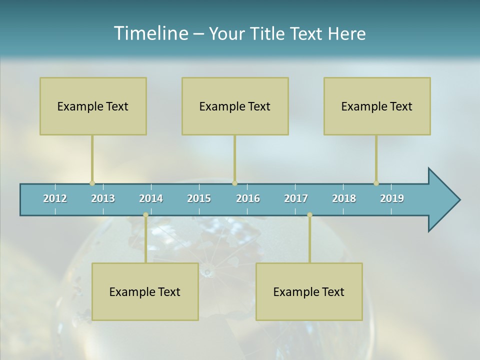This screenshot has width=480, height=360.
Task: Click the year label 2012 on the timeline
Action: click(x=55, y=198)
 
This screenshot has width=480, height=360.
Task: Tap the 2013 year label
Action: click(x=103, y=198)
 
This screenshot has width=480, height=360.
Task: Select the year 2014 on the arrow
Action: click(x=151, y=198)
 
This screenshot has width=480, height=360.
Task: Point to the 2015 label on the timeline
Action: click(x=199, y=198)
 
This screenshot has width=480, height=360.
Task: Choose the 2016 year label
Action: click(x=248, y=198)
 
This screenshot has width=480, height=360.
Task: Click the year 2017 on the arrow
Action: click(x=296, y=198)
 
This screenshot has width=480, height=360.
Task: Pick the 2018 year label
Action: click(x=344, y=198)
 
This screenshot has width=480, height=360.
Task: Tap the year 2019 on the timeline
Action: click(x=392, y=198)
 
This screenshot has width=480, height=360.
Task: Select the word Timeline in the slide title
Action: click(x=150, y=33)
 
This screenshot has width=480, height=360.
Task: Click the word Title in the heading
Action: click(x=269, y=33)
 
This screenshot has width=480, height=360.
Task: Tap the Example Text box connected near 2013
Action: click(x=93, y=106)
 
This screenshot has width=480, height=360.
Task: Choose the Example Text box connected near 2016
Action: click(x=235, y=106)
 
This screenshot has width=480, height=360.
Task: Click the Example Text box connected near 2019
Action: click(x=377, y=106)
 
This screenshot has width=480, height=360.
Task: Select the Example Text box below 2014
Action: click(x=145, y=291)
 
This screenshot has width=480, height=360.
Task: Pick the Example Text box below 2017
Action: click(x=309, y=291)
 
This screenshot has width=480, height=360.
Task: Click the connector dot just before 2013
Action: click(x=92, y=183)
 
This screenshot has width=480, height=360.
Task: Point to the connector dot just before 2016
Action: click(x=234, y=183)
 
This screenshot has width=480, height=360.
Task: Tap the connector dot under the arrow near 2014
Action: click(x=145, y=214)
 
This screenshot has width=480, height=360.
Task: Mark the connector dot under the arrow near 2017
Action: click(x=309, y=214)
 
